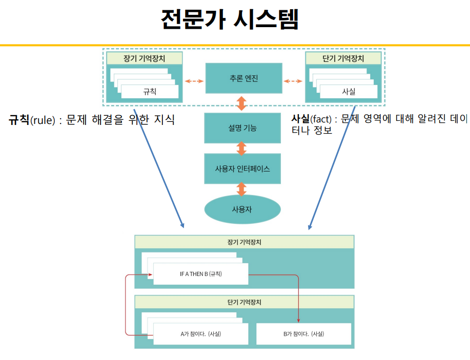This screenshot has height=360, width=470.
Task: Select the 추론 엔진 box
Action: [x=243, y=78]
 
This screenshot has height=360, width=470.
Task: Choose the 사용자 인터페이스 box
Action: [x=242, y=168]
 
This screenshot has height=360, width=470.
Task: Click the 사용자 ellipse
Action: [x=242, y=209]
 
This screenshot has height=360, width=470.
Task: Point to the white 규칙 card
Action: [x=150, y=92]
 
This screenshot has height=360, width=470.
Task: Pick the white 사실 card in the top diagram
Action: [x=349, y=92]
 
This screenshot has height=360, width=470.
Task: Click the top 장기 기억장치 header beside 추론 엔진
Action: [x=145, y=58]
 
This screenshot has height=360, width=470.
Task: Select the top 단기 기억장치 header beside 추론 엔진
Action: [x=343, y=58]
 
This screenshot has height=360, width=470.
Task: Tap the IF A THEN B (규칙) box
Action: [x=200, y=274]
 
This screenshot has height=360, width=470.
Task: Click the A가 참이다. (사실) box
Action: [x=200, y=334]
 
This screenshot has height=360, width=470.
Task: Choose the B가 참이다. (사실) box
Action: [x=303, y=334]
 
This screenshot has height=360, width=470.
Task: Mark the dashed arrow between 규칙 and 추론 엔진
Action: [x=194, y=81]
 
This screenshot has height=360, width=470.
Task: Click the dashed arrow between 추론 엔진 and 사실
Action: [x=293, y=81]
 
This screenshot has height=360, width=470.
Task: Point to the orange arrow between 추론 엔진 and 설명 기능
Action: [x=242, y=103]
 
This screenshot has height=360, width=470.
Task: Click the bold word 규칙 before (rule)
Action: [x=19, y=121]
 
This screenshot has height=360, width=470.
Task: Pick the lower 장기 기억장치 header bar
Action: [x=244, y=242]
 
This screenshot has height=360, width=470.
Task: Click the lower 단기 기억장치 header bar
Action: [x=244, y=302]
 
